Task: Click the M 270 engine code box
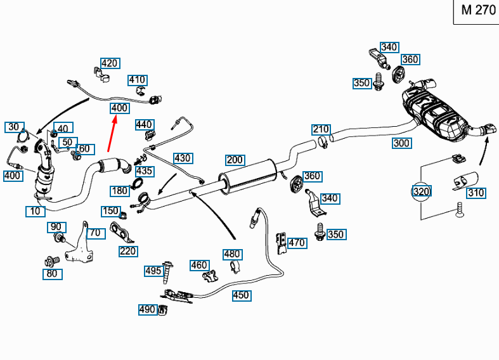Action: pyautogui.click(x=476, y=11)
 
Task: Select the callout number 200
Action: pyautogui.click(x=235, y=160)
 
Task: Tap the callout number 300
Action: pyautogui.click(x=401, y=143)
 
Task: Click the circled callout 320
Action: pyautogui.click(x=422, y=191)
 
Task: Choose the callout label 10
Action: pyautogui.click(x=36, y=211)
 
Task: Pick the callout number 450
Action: pyautogui.click(x=241, y=295)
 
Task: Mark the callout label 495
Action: pyautogui.click(x=153, y=271)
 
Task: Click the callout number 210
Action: pyautogui.click(x=321, y=130)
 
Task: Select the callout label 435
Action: pyautogui.click(x=145, y=171)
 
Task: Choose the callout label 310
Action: pyautogui.click(x=476, y=193)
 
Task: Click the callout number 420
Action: pyautogui.click(x=110, y=63)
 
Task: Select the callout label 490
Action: pyautogui.click(x=147, y=309)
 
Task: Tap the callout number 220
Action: pyautogui.click(x=128, y=251)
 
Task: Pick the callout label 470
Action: pyautogui.click(x=297, y=242)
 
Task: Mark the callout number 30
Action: pyautogui.click(x=14, y=127)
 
